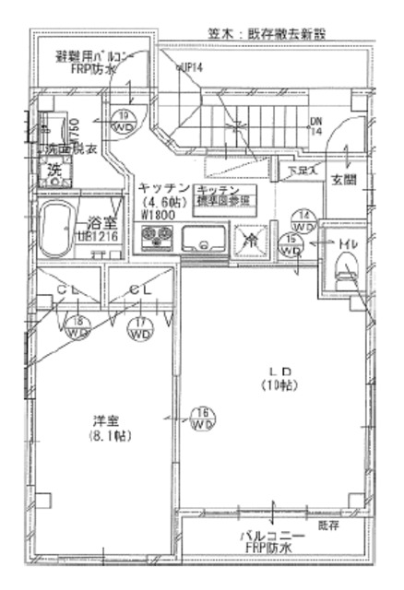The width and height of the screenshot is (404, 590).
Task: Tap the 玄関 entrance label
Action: (344, 181)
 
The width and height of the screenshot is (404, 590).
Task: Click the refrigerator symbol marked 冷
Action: (250, 238)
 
